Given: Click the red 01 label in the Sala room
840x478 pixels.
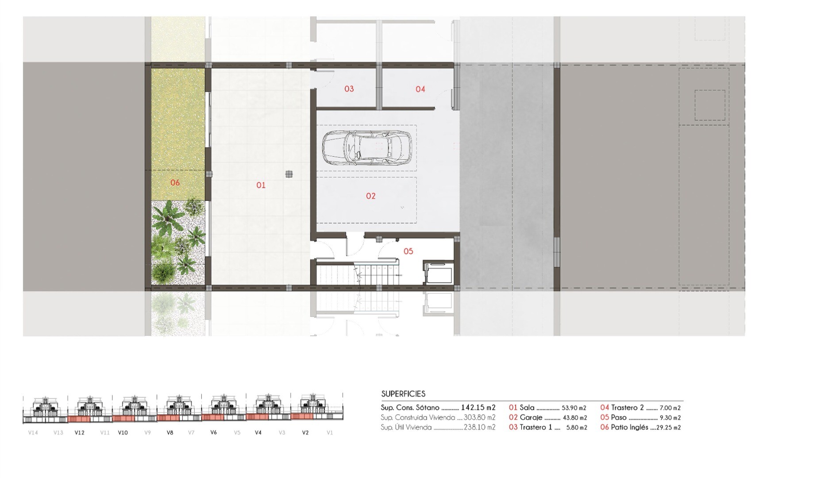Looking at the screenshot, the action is coord(261,185).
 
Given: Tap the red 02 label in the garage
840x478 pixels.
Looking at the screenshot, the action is coord(370,196).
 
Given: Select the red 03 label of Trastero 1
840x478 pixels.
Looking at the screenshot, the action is coord(349,89).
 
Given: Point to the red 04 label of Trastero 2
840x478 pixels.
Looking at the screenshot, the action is coord(420,89).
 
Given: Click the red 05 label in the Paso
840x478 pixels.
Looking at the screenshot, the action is coord(408,251).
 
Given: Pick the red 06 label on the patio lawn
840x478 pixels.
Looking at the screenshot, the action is coord(175,182).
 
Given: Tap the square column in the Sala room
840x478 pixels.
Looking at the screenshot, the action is coord(289,174).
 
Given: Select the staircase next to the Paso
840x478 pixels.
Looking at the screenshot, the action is coord(358,275).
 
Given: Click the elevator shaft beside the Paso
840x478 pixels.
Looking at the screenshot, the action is coord(438,272).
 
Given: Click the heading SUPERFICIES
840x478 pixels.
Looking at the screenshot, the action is coord(403,393).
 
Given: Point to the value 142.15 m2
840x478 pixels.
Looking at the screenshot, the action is coord(478,408).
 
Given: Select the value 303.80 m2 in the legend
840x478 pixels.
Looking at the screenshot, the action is coord(479,417).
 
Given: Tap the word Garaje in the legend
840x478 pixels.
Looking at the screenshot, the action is coord(531,417).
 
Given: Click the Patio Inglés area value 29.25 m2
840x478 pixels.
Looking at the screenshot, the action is coord(669,428).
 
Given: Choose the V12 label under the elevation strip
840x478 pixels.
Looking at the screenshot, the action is coord(79,432).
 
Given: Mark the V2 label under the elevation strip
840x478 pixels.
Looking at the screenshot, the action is coord(305,432).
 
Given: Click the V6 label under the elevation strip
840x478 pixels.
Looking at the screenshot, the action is coord(214,432).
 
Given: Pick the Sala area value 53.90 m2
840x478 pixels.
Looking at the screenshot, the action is coord(574,408).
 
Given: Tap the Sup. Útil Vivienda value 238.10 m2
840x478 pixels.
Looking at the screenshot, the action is coord(479,427).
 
